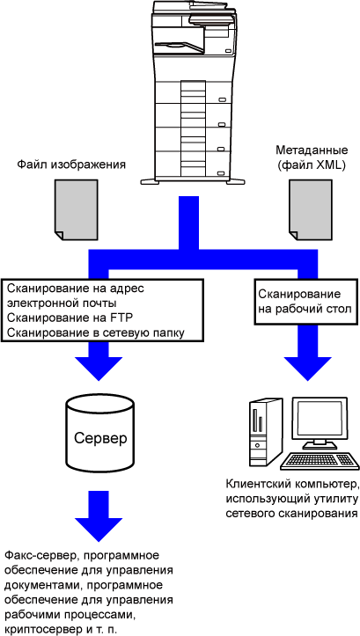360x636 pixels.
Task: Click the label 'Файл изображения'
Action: (x=71, y=165)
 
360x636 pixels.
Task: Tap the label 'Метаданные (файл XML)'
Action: (x=312, y=157)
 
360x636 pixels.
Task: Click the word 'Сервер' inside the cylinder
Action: (x=100, y=438)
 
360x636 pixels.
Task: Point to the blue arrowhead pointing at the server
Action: (x=99, y=368)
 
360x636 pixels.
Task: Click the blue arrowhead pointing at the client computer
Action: (x=307, y=368)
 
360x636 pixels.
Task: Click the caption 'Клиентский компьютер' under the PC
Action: (x=292, y=485)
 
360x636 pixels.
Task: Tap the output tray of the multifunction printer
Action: (x=180, y=48)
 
